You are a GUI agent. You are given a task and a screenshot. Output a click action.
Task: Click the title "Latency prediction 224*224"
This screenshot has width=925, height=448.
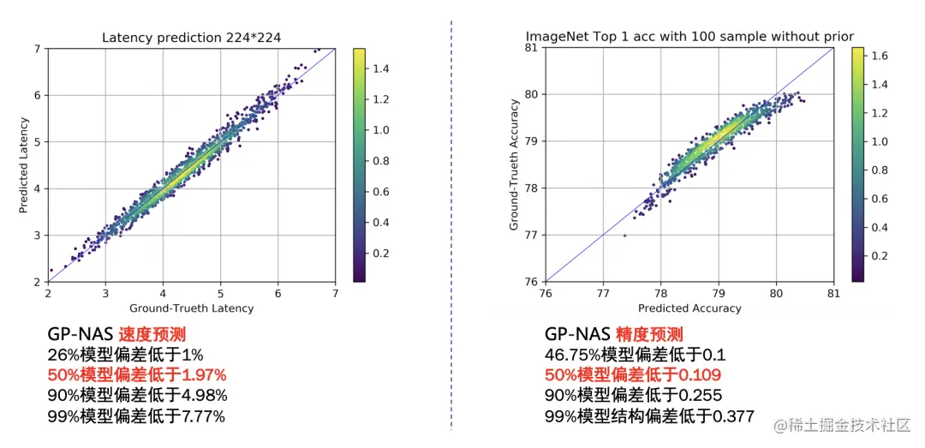[x=191, y=38]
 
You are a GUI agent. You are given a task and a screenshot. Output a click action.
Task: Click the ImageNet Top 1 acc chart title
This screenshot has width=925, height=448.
[x=689, y=36]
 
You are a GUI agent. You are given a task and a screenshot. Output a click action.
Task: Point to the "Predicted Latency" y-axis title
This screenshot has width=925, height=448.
[x=25, y=166]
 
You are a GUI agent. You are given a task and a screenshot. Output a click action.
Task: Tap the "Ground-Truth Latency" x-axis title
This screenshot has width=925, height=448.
[x=191, y=308]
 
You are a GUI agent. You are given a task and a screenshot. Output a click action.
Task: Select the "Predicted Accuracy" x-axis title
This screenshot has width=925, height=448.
[x=689, y=308]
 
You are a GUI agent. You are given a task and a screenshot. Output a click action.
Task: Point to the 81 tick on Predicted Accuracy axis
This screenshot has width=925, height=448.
[x=833, y=293]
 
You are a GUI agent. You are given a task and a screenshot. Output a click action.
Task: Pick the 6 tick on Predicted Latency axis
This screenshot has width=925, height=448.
[x=39, y=95]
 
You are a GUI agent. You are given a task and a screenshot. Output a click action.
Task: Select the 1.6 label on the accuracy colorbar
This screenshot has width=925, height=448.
[x=879, y=56]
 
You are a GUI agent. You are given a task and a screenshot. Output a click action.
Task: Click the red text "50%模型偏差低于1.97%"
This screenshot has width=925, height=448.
[x=137, y=374]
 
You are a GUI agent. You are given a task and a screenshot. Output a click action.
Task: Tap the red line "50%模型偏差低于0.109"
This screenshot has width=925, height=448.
[x=632, y=374]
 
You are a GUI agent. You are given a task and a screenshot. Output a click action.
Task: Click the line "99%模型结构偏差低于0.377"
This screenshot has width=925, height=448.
[x=649, y=416]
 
